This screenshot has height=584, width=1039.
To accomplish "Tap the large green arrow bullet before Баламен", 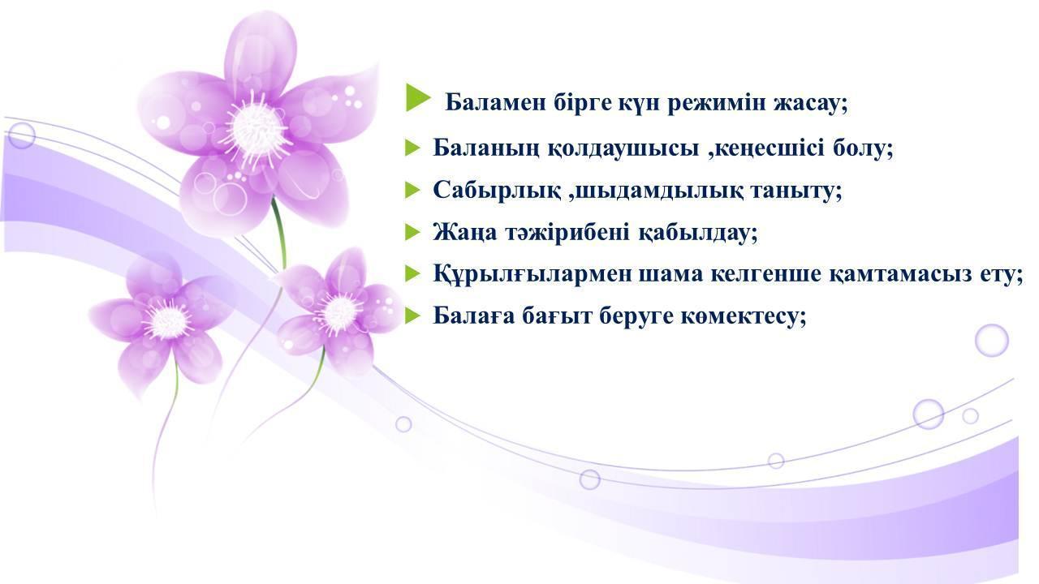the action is point(418,98).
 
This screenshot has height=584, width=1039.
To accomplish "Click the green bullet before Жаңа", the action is point(412,232).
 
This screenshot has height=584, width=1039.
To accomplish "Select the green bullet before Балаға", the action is point(412,316).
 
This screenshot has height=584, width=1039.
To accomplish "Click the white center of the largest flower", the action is point(257,128).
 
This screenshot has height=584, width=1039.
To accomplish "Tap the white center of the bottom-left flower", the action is point(167,320).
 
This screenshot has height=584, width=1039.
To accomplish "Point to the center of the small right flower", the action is point(339,314).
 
